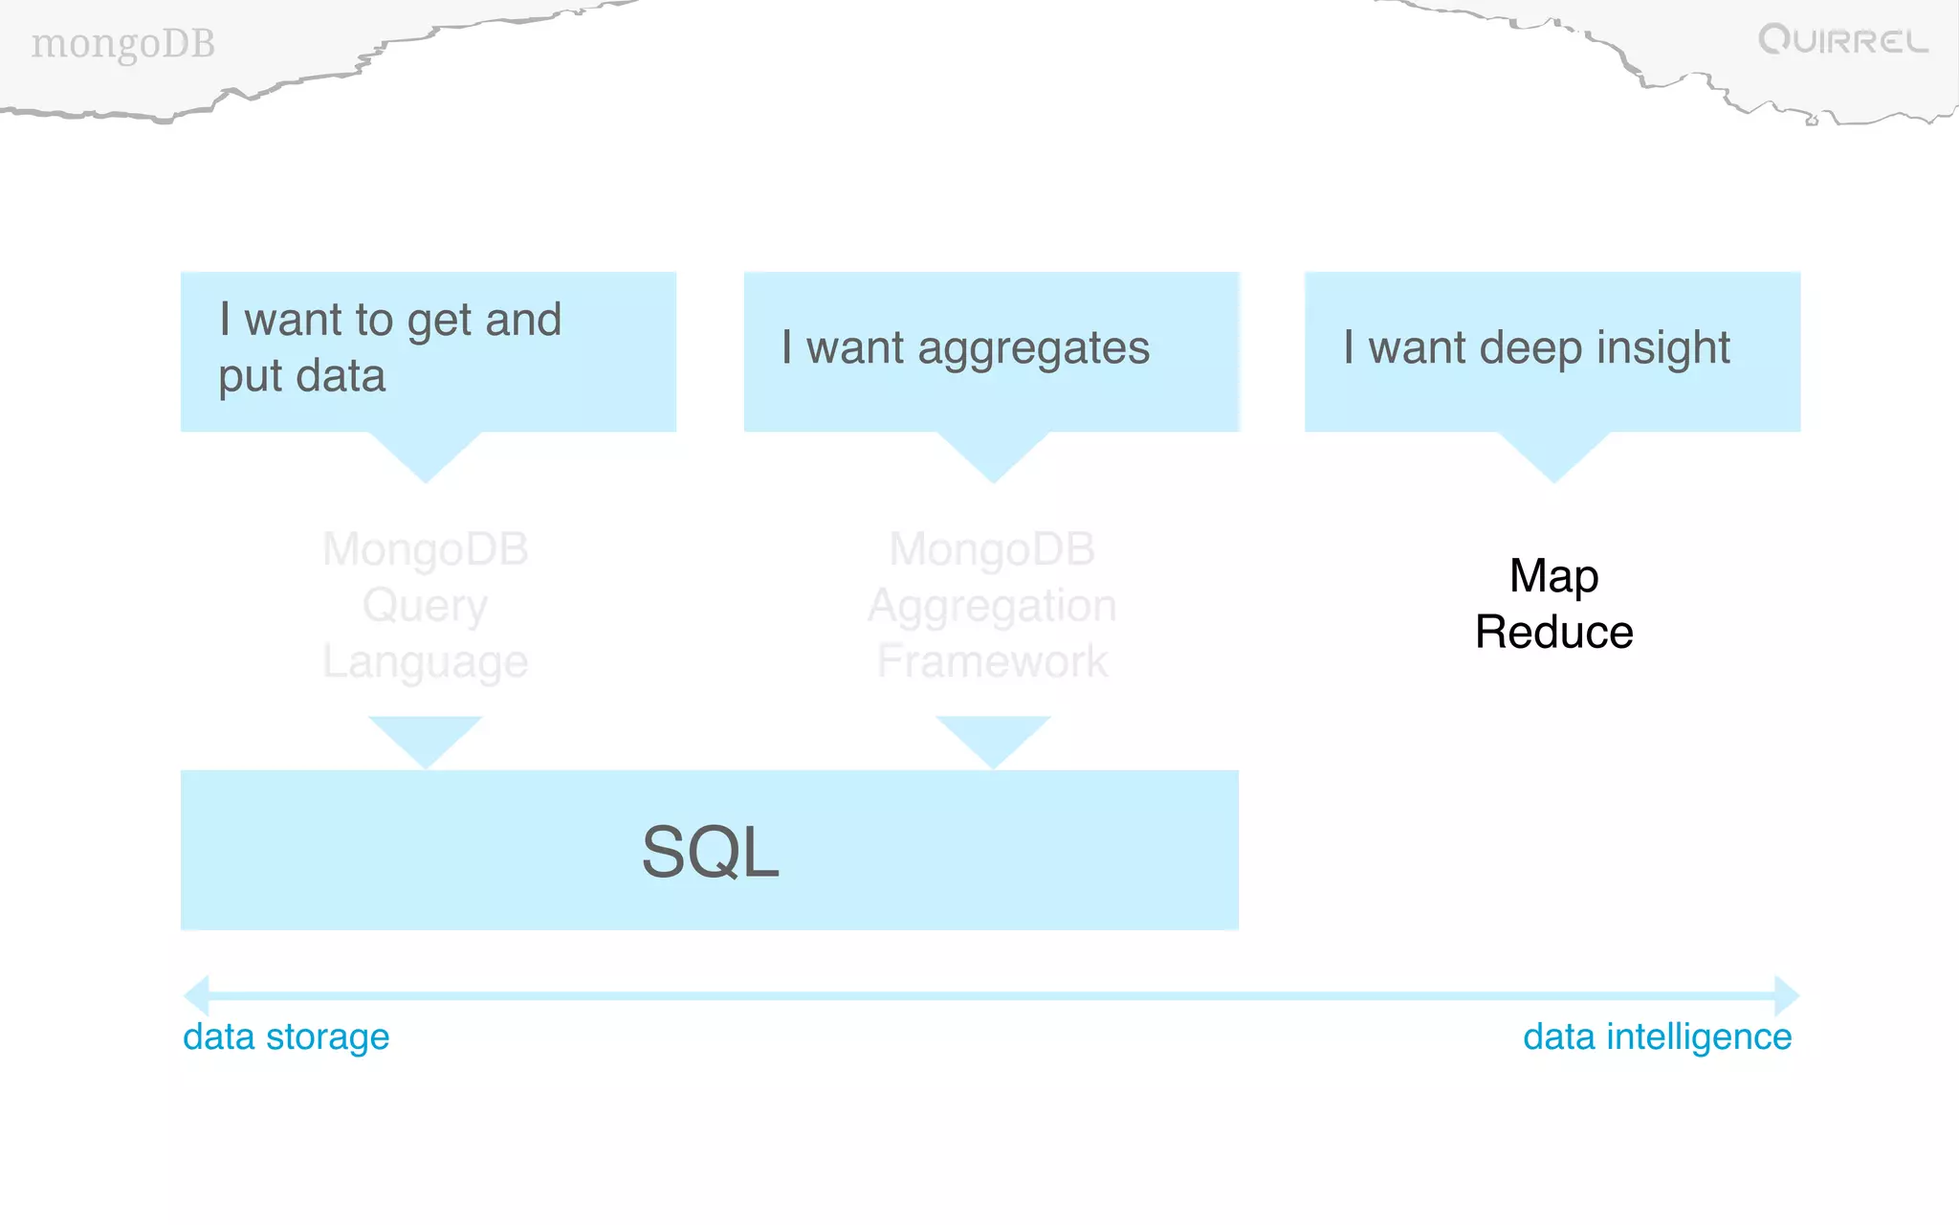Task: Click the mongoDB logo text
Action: coord(122,44)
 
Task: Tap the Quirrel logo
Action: coord(1842,40)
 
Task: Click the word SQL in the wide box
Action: coord(710,852)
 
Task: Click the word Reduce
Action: coord(1553,633)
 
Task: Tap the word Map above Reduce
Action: coord(1553,576)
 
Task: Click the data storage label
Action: coord(286,1036)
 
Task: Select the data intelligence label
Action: coord(1657,1036)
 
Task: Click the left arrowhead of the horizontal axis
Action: coord(197,995)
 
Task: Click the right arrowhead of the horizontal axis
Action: coord(1786,995)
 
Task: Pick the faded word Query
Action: coord(425,606)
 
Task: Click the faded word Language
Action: coord(425,662)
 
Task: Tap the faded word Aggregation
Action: coord(992,606)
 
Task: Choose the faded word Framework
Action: coord(992,662)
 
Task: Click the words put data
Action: coord(301,376)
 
